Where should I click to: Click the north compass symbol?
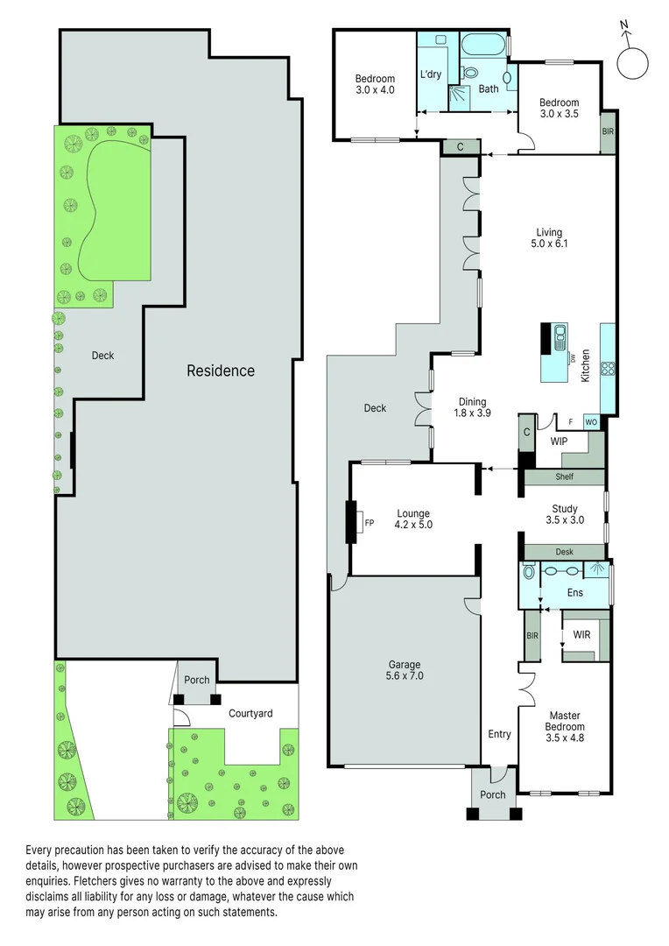[x=631, y=62]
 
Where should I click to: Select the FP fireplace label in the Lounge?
[x=369, y=523]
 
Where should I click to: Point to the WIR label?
[x=581, y=633]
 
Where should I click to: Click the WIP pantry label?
[x=559, y=441]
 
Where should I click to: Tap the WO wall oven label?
[x=591, y=422]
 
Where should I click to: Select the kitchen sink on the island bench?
[x=560, y=337]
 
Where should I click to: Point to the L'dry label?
[x=430, y=74]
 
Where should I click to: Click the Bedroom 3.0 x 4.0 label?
[x=375, y=83]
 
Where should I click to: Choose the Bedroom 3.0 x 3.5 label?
[x=559, y=108]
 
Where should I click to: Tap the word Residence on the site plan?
[x=221, y=371]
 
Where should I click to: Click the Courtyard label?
[x=250, y=713]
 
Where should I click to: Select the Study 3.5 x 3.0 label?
[x=564, y=513]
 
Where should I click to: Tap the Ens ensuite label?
[x=574, y=593]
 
